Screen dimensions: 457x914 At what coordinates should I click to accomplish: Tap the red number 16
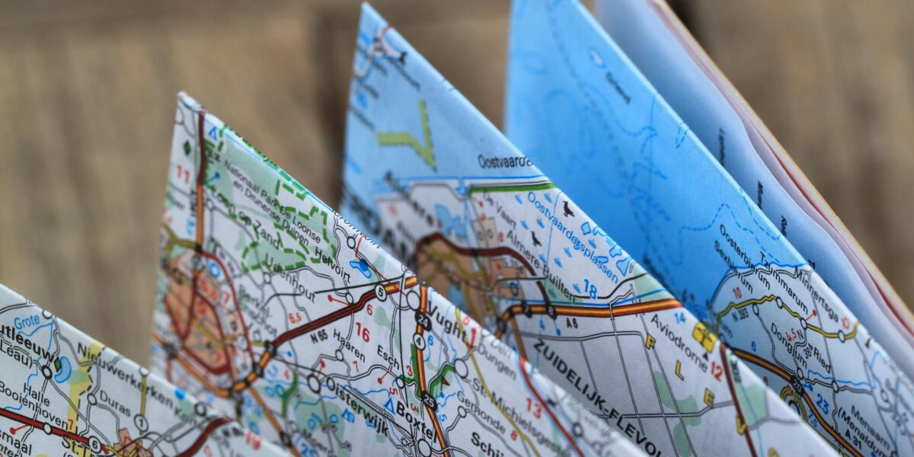(x=362, y=333)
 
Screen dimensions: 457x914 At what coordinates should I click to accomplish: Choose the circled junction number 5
(x=380, y=292)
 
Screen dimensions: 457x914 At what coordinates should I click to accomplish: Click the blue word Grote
(x=26, y=321)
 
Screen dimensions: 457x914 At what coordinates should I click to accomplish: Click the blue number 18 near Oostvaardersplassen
(x=590, y=289)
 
